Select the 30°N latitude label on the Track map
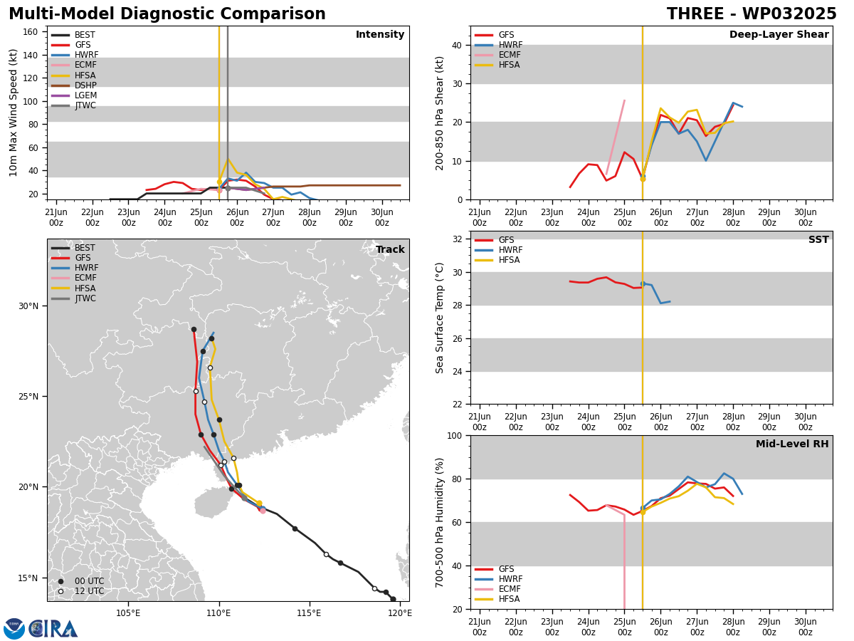[x=28, y=306]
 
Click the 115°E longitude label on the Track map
[x=310, y=613]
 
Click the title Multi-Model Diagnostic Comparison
[x=167, y=14]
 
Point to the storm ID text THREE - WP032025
[x=752, y=14]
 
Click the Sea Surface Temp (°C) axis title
[x=439, y=318]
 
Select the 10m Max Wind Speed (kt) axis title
[x=13, y=113]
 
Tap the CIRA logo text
[x=53, y=629]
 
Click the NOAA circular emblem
[x=14, y=629]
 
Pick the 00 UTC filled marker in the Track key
[x=60, y=581]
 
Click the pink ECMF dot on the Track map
[x=263, y=511]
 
